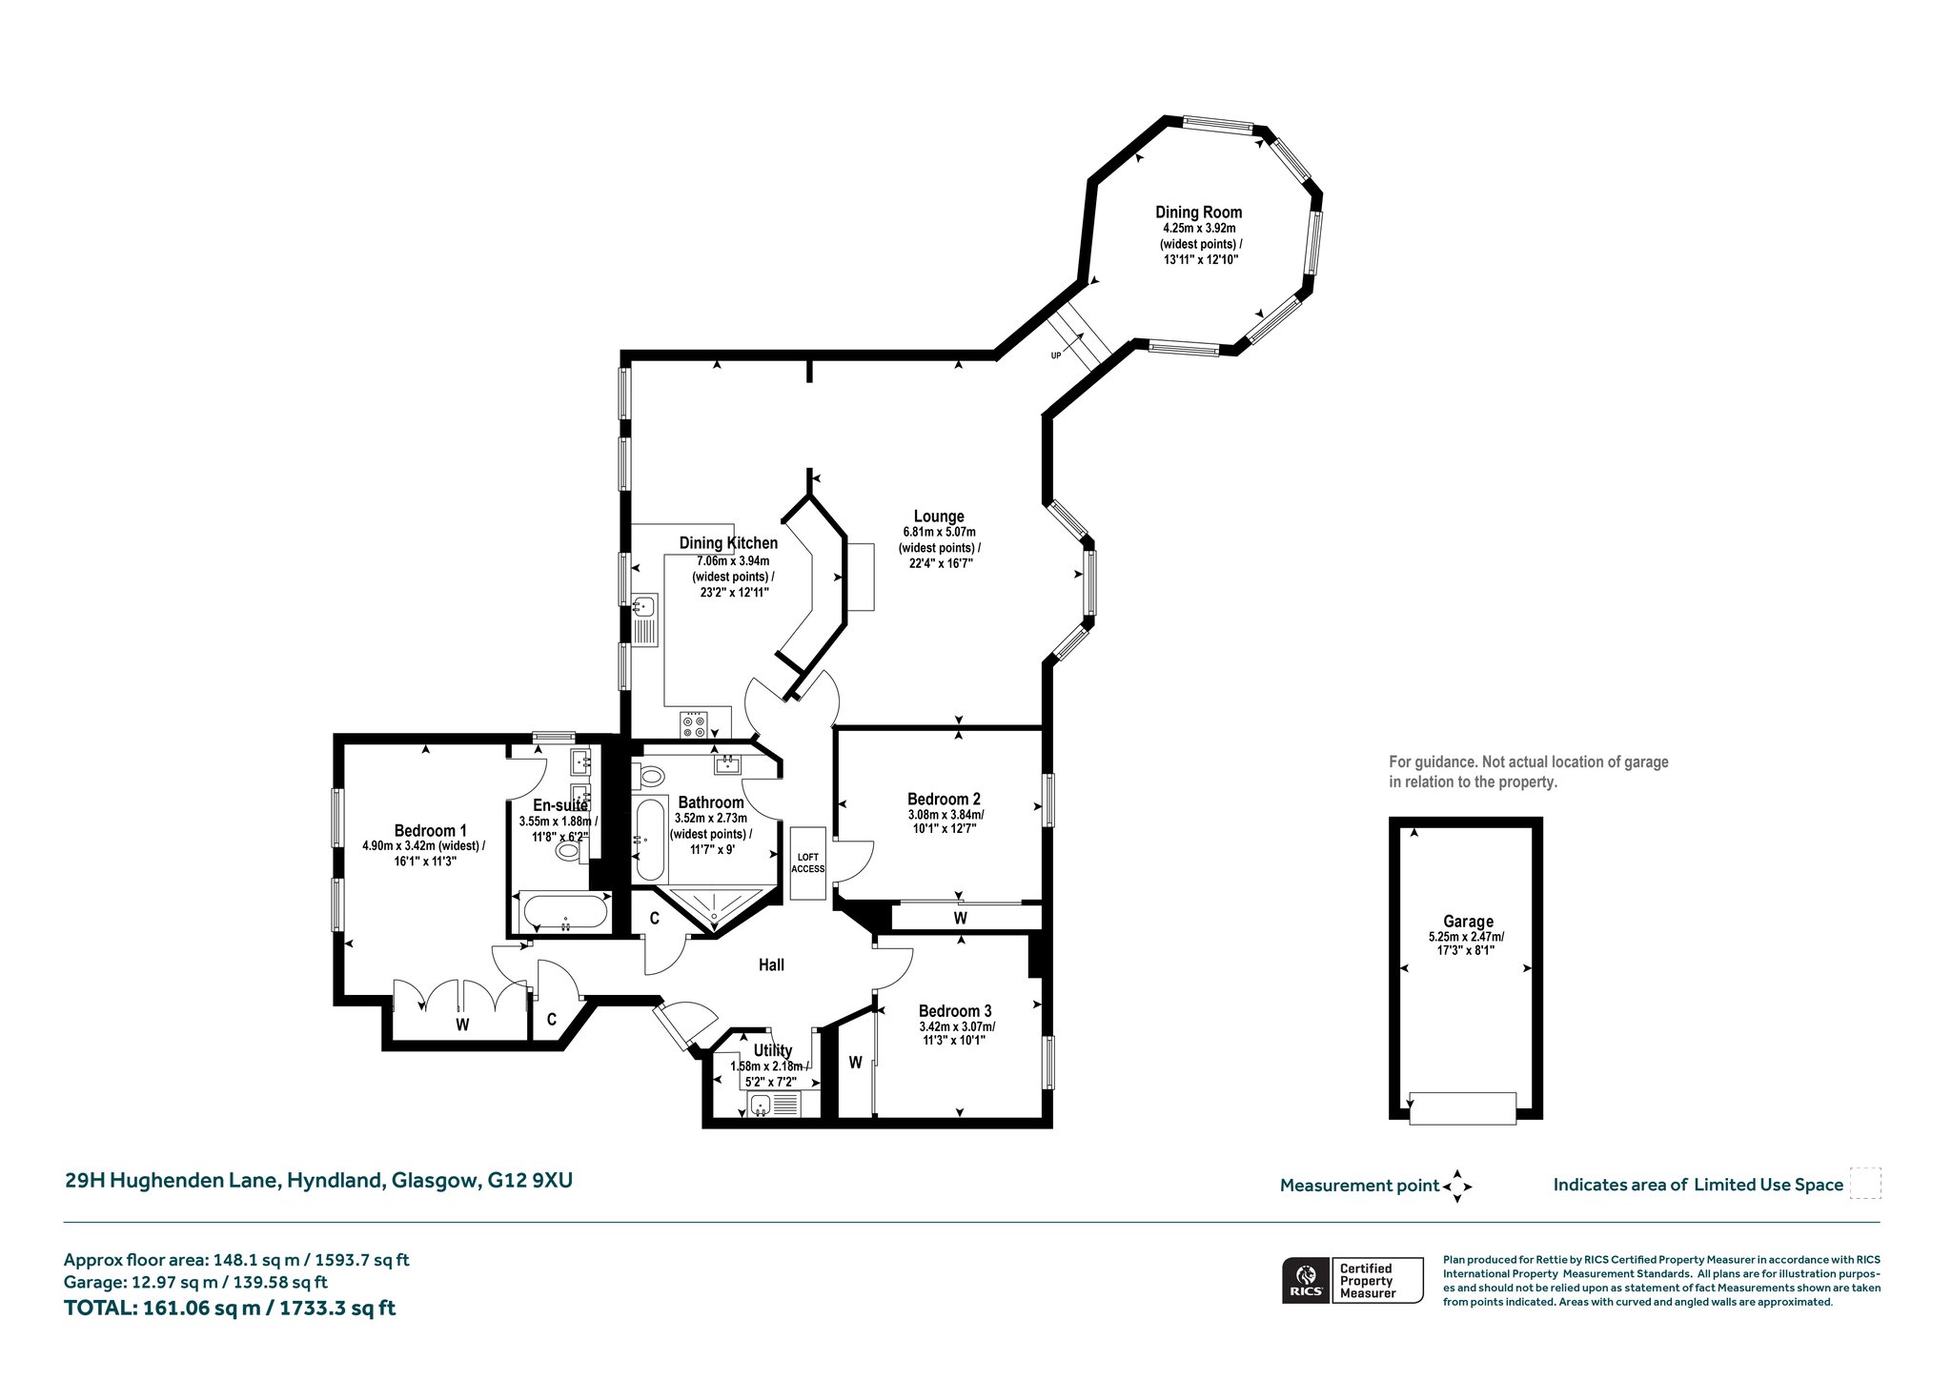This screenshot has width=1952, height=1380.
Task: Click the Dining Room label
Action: (x=1198, y=213)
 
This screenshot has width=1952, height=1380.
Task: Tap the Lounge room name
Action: (x=939, y=517)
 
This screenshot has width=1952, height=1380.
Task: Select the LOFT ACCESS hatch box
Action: (x=808, y=862)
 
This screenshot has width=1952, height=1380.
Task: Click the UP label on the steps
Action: (x=1056, y=355)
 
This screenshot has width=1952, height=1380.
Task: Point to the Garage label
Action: (x=1468, y=922)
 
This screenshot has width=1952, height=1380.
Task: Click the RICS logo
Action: (x=1306, y=1280)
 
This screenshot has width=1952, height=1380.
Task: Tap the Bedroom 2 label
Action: (x=944, y=799)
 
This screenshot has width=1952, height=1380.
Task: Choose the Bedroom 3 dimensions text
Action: (x=956, y=1034)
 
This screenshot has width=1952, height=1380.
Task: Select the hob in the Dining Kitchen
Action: (x=694, y=725)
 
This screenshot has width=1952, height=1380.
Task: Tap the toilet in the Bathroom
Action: (x=648, y=776)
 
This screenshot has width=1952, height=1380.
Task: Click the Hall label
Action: (x=771, y=965)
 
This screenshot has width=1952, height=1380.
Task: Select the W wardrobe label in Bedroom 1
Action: (x=462, y=1025)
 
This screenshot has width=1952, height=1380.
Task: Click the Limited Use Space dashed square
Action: (x=1865, y=1183)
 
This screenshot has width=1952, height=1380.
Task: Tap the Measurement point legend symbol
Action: (x=1457, y=1187)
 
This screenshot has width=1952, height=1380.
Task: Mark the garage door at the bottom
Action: (x=1463, y=1108)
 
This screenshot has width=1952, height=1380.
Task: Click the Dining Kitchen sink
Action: (x=644, y=604)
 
